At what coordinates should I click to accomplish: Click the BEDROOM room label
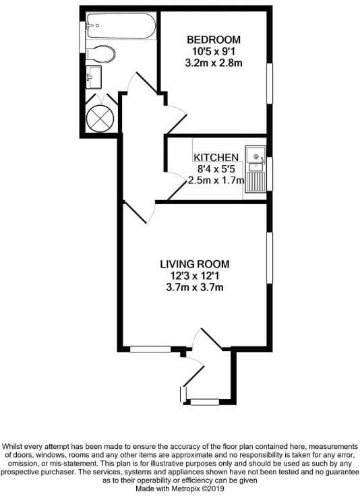tap(214, 40)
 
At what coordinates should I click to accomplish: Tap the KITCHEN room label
tap(216, 157)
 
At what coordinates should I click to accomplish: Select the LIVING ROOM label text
tap(195, 263)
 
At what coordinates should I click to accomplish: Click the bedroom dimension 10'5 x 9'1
tap(214, 51)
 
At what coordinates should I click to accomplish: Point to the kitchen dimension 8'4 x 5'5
tap(216, 169)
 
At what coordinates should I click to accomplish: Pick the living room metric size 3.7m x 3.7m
tap(195, 287)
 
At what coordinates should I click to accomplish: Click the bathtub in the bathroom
tap(121, 26)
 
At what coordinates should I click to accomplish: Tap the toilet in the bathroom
tap(100, 55)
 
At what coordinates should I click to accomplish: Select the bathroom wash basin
tap(94, 77)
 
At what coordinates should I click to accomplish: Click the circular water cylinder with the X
tap(100, 119)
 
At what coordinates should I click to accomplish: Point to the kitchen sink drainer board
tap(256, 182)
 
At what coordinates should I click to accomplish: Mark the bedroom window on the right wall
tap(270, 84)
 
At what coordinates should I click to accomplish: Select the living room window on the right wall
tap(270, 258)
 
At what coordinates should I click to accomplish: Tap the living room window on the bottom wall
tap(150, 349)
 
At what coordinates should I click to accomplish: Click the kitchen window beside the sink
tap(270, 174)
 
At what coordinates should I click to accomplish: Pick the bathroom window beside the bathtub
tap(82, 37)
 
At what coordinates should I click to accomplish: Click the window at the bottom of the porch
tap(205, 402)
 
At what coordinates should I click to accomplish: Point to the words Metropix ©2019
tap(198, 489)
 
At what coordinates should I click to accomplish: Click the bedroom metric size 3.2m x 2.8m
tap(214, 63)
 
